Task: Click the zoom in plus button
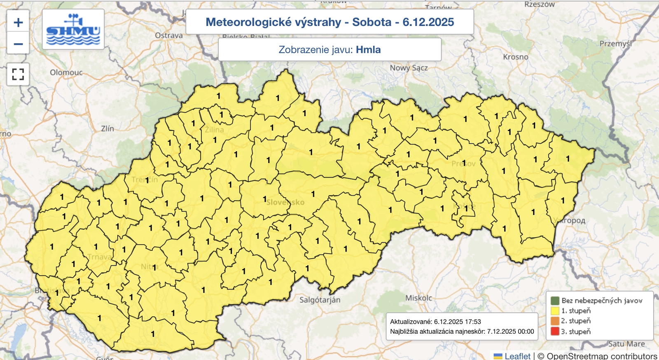18,22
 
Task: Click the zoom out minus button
18,44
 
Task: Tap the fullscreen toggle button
18,75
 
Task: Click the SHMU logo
73,30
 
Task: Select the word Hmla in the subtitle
368,50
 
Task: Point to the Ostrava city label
169,36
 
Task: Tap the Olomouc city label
66,72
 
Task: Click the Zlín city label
107,129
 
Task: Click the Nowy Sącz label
409,68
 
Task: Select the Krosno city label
515,57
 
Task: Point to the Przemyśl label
615,44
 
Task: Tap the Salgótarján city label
320,300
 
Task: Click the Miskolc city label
419,298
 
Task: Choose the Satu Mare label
626,344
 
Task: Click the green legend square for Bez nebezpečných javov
555,301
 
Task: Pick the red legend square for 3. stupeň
555,331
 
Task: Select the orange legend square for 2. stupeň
555,321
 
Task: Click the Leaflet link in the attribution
517,356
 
